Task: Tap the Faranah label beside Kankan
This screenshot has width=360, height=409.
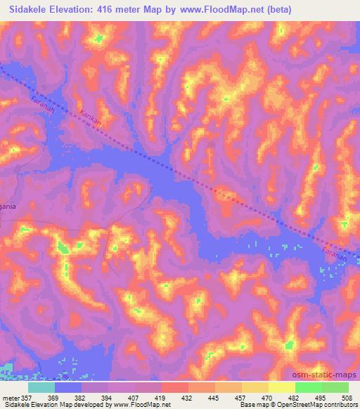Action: coord(44,111)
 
